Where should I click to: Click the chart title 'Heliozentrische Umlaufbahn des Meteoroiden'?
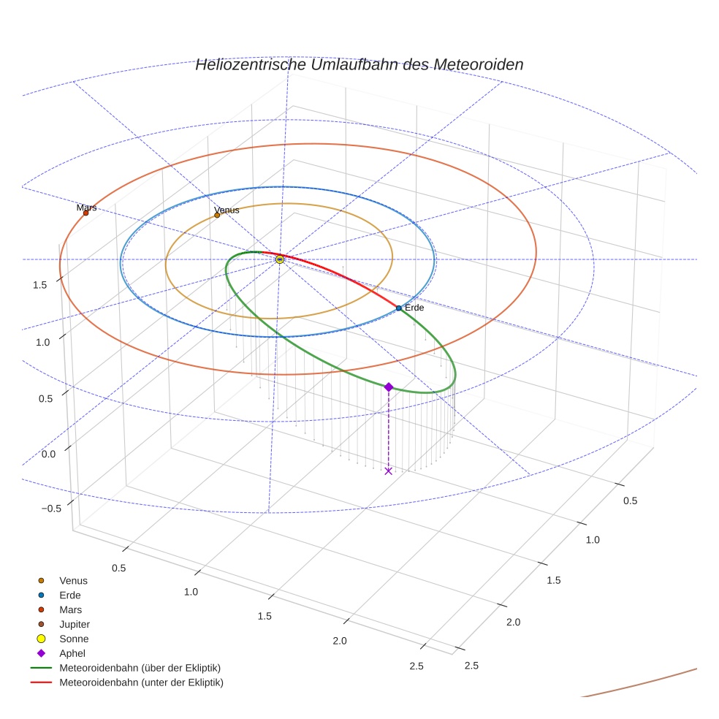pyautogui.click(x=359, y=65)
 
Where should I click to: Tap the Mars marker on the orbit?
pyautogui.click(x=86, y=213)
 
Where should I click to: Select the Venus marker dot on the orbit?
pyautogui.click(x=217, y=215)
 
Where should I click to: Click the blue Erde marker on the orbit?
pyautogui.click(x=398, y=308)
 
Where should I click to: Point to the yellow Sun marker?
pyautogui.click(x=280, y=259)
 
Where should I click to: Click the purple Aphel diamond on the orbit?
pyautogui.click(x=389, y=387)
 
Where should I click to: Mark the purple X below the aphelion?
pyautogui.click(x=388, y=471)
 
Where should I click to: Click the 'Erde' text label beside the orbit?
pyautogui.click(x=414, y=308)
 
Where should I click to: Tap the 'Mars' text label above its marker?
pyautogui.click(x=86, y=208)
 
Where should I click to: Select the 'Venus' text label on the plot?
pyautogui.click(x=227, y=210)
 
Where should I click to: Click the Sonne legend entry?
pyautogui.click(x=74, y=639)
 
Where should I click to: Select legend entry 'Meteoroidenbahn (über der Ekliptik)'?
pyautogui.click(x=140, y=668)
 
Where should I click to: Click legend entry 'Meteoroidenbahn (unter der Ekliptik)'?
pyautogui.click(x=141, y=682)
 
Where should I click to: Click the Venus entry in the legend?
pyautogui.click(x=73, y=581)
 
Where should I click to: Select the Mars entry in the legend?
pyautogui.click(x=70, y=610)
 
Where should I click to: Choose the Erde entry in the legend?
pyautogui.click(x=70, y=596)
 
